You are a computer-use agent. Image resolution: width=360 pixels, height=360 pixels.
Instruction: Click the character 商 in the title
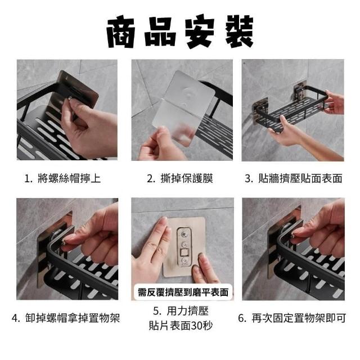coord(121,33)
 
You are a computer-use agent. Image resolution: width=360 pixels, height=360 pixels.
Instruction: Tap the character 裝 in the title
coord(239,31)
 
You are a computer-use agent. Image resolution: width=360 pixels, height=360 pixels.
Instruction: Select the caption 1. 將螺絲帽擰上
coord(62,178)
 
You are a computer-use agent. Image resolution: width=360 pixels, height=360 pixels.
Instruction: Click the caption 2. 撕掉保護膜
coord(180,178)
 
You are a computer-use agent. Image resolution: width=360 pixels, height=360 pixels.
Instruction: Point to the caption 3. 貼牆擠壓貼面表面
coord(294,178)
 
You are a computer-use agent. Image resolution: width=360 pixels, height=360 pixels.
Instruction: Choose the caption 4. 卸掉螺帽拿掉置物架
coord(66,318)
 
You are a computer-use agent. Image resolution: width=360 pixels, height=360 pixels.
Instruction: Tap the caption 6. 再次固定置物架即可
coord(292,318)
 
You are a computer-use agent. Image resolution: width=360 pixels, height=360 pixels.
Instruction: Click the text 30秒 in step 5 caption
coord(201,326)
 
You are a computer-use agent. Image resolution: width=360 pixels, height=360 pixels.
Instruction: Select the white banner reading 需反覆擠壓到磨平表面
coord(183,292)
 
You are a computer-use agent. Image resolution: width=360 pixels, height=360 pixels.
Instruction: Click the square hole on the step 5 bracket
coord(184,253)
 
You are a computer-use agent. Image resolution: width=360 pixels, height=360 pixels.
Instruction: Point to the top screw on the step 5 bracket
coord(184,235)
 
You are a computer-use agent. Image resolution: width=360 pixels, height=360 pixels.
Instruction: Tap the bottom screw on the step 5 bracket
coord(184,261)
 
